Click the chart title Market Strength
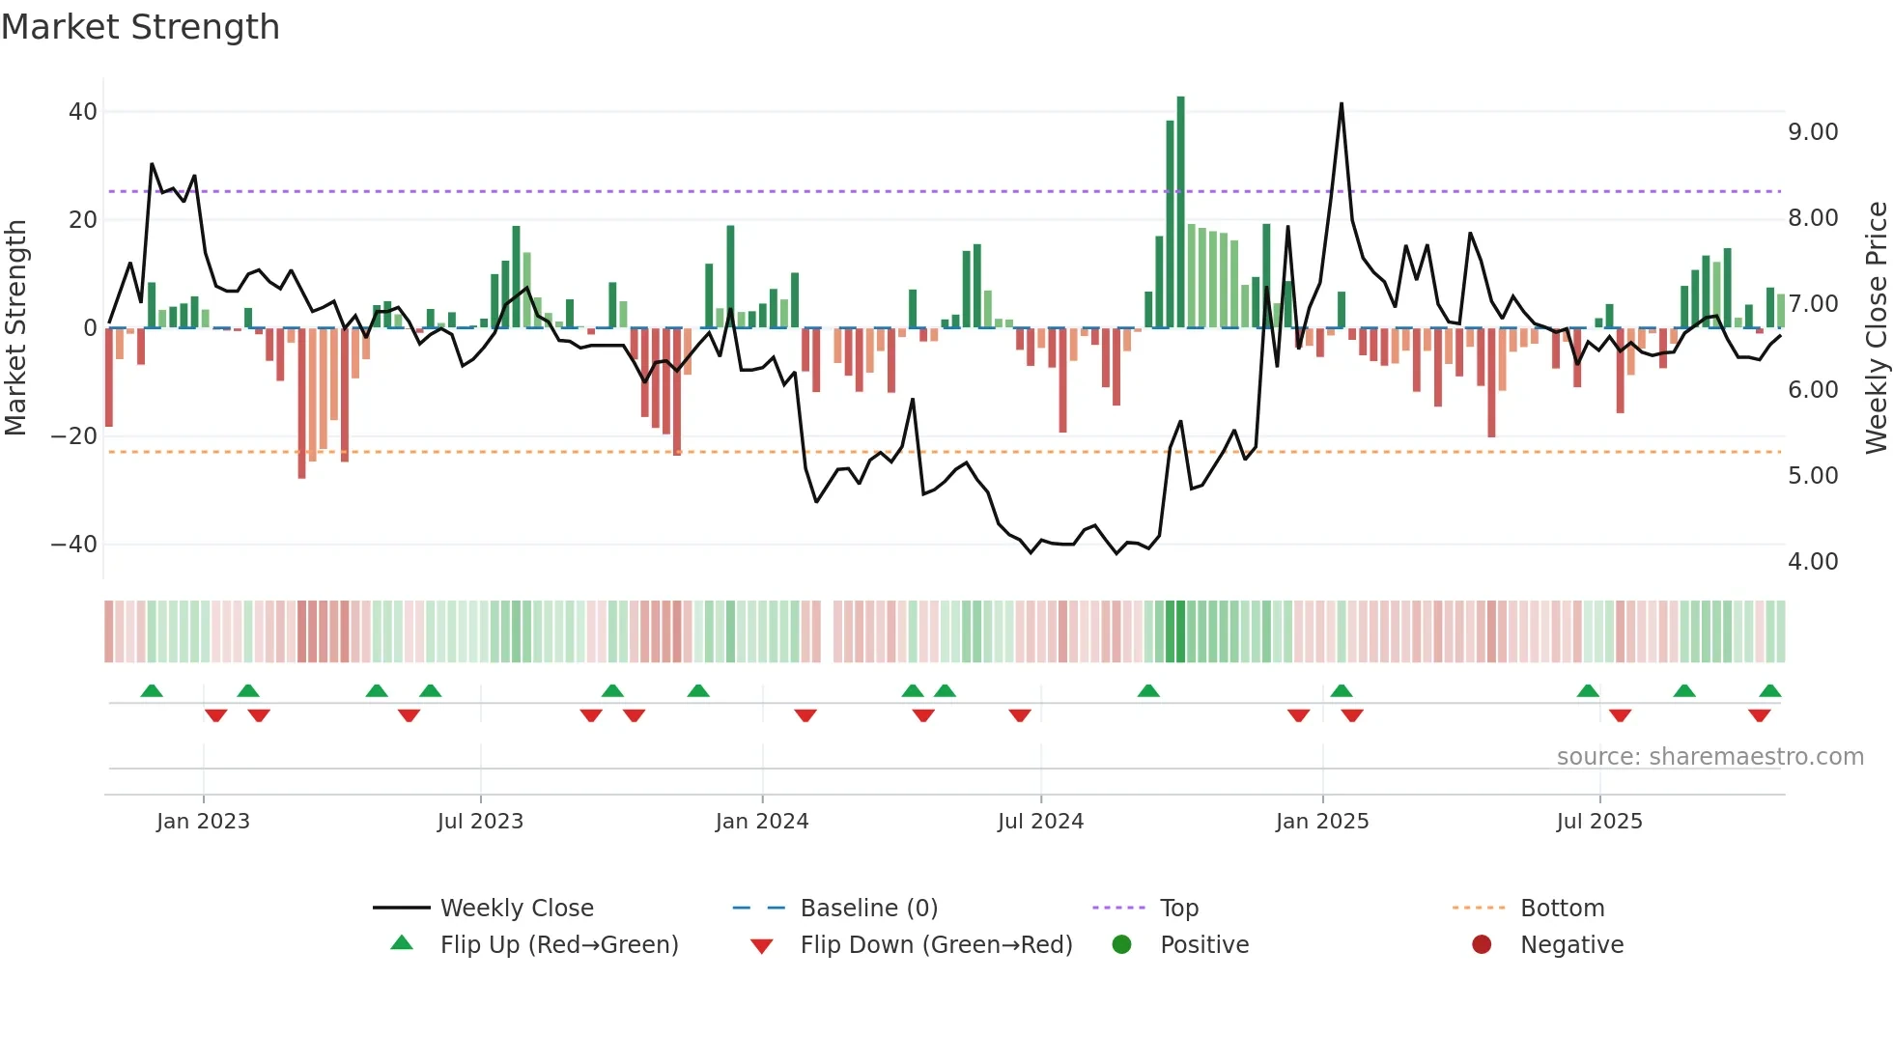click(x=140, y=27)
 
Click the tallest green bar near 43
click(x=1180, y=212)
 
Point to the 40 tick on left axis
click(x=83, y=112)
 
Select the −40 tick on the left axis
click(x=74, y=545)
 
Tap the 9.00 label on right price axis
click(x=1813, y=132)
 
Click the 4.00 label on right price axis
click(x=1813, y=562)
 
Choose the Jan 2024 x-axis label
click(x=762, y=822)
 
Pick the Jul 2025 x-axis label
click(x=1599, y=822)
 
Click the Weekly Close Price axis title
click(x=1876, y=328)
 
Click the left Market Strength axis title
click(x=16, y=328)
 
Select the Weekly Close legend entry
click(x=517, y=909)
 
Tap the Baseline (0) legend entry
click(x=868, y=909)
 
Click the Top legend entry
click(x=1178, y=909)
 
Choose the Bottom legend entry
click(x=1562, y=909)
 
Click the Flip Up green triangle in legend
click(x=402, y=943)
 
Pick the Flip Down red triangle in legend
click(x=761, y=946)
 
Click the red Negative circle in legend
click(x=1482, y=945)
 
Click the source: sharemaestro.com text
click(x=1709, y=757)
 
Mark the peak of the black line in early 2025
click(x=1342, y=104)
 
